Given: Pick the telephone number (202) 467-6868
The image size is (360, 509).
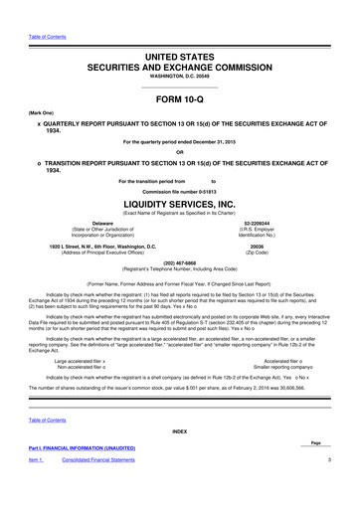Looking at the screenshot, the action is pos(179,264).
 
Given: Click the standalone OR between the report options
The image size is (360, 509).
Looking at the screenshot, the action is pos(179,151).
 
